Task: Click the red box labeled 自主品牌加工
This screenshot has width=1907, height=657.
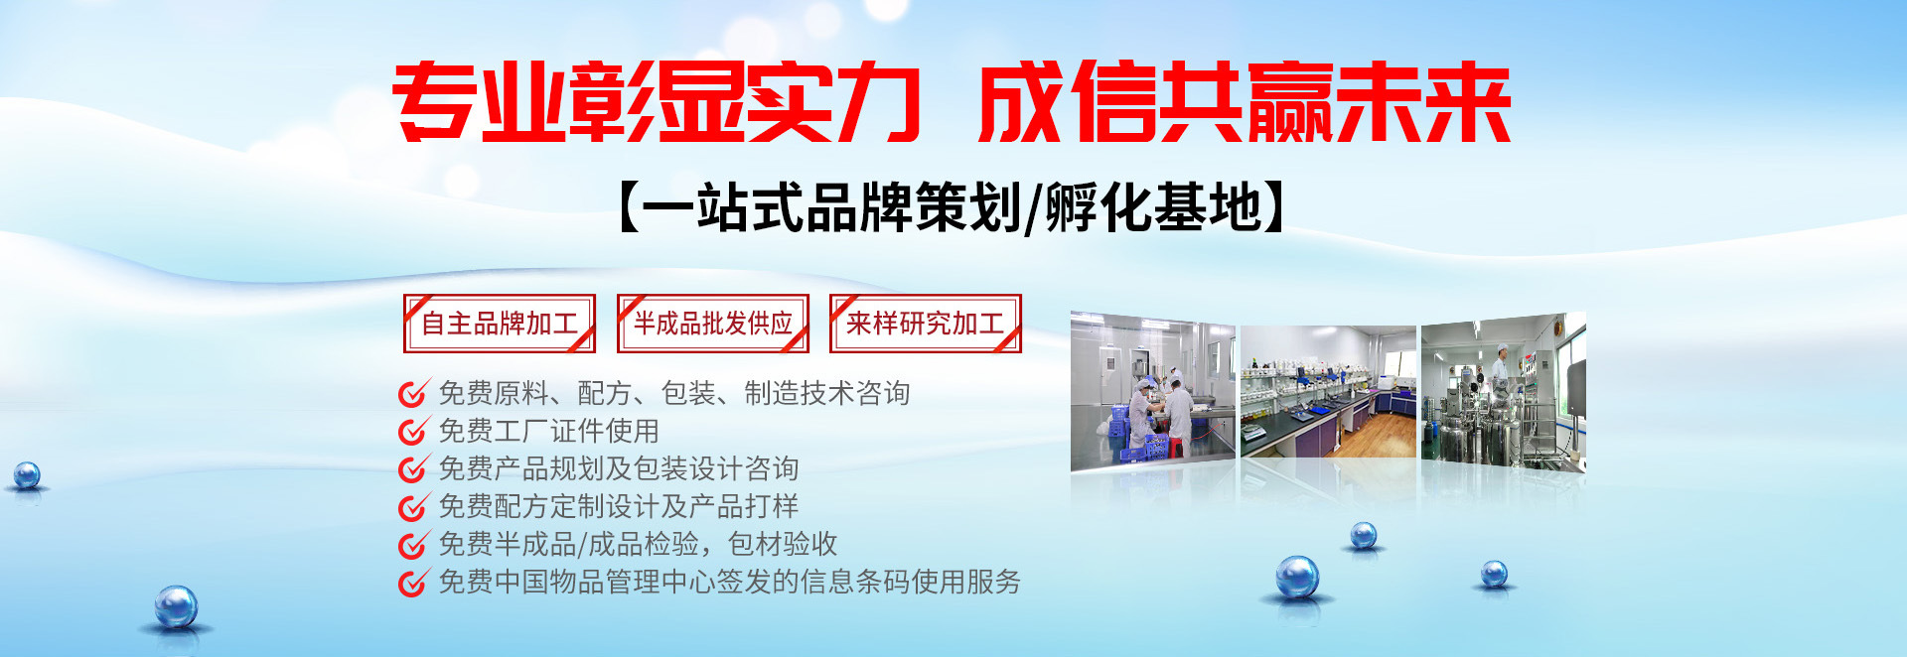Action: pyautogui.click(x=500, y=324)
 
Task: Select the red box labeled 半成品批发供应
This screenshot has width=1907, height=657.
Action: pyautogui.click(x=713, y=324)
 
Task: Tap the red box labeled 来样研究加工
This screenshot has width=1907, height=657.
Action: pyautogui.click(x=926, y=324)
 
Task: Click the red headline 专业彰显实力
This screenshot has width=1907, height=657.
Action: pyautogui.click(x=657, y=101)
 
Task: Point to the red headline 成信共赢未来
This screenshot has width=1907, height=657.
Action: pyautogui.click(x=1244, y=101)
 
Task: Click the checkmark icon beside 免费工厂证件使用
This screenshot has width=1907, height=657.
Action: pyautogui.click(x=412, y=431)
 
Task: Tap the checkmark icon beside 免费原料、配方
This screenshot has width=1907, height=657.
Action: pyautogui.click(x=412, y=393)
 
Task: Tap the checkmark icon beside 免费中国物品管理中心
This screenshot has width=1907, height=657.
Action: pyautogui.click(x=412, y=582)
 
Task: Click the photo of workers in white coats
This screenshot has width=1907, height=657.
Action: pyautogui.click(x=1153, y=391)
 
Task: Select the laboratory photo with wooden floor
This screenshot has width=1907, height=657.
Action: pyautogui.click(x=1328, y=392)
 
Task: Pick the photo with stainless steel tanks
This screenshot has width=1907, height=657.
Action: pyautogui.click(x=1504, y=391)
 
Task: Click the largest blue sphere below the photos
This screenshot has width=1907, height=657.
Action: pyautogui.click(x=1297, y=577)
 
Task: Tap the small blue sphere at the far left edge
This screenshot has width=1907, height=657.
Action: pyautogui.click(x=27, y=475)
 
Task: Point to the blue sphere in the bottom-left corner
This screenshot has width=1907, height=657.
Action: pyautogui.click(x=176, y=606)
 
